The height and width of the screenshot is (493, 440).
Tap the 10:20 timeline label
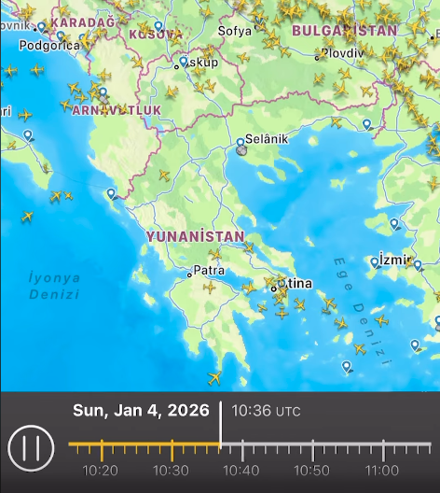click(100, 470)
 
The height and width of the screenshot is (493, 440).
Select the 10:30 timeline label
click(171, 470)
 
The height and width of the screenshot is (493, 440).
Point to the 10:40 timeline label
click(241, 470)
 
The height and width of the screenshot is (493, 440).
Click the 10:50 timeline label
click(311, 470)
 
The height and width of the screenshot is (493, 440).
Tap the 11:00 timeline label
click(382, 470)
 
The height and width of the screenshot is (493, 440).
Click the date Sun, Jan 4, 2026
click(142, 410)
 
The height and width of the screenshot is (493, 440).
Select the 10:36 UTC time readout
click(266, 410)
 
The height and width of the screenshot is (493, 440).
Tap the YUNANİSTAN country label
click(195, 237)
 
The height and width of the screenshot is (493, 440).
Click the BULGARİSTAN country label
click(344, 31)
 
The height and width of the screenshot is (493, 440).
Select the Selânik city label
click(268, 138)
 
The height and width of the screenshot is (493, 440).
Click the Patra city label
click(209, 272)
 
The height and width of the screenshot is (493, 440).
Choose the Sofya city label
click(235, 31)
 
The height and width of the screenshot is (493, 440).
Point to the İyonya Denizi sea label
click(54, 286)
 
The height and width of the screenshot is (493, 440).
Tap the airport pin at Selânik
click(241, 143)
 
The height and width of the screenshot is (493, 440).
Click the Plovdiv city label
click(342, 52)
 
